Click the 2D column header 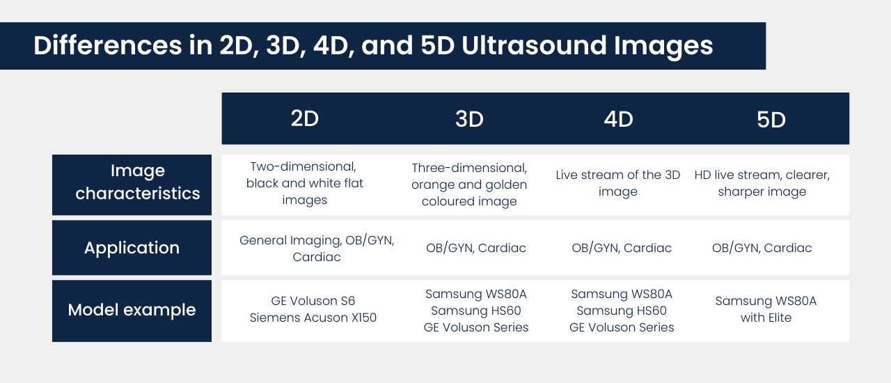click(x=304, y=119)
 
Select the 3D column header click(x=469, y=120)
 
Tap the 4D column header click(x=618, y=120)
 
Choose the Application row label click(x=132, y=248)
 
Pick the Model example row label click(x=132, y=310)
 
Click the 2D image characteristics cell click(x=304, y=183)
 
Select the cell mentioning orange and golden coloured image click(x=469, y=185)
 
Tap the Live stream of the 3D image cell click(x=618, y=183)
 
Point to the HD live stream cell click(x=762, y=183)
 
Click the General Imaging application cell click(x=317, y=249)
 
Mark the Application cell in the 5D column click(x=762, y=248)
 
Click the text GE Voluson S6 click(x=313, y=302)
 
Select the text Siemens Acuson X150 click(x=313, y=318)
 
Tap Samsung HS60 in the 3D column click(x=476, y=311)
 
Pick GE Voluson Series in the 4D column click(x=622, y=327)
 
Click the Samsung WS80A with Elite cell click(x=766, y=309)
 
